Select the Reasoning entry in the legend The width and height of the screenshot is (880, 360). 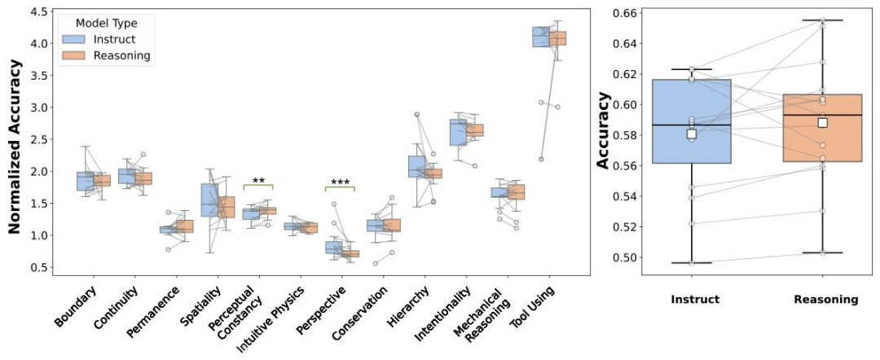tap(121, 55)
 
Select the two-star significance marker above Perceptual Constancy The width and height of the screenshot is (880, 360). tap(258, 181)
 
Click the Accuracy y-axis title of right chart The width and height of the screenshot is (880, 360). tap(604, 130)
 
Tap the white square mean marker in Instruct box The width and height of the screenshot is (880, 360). tap(692, 134)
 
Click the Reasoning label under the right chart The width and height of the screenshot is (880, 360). tap(825, 299)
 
